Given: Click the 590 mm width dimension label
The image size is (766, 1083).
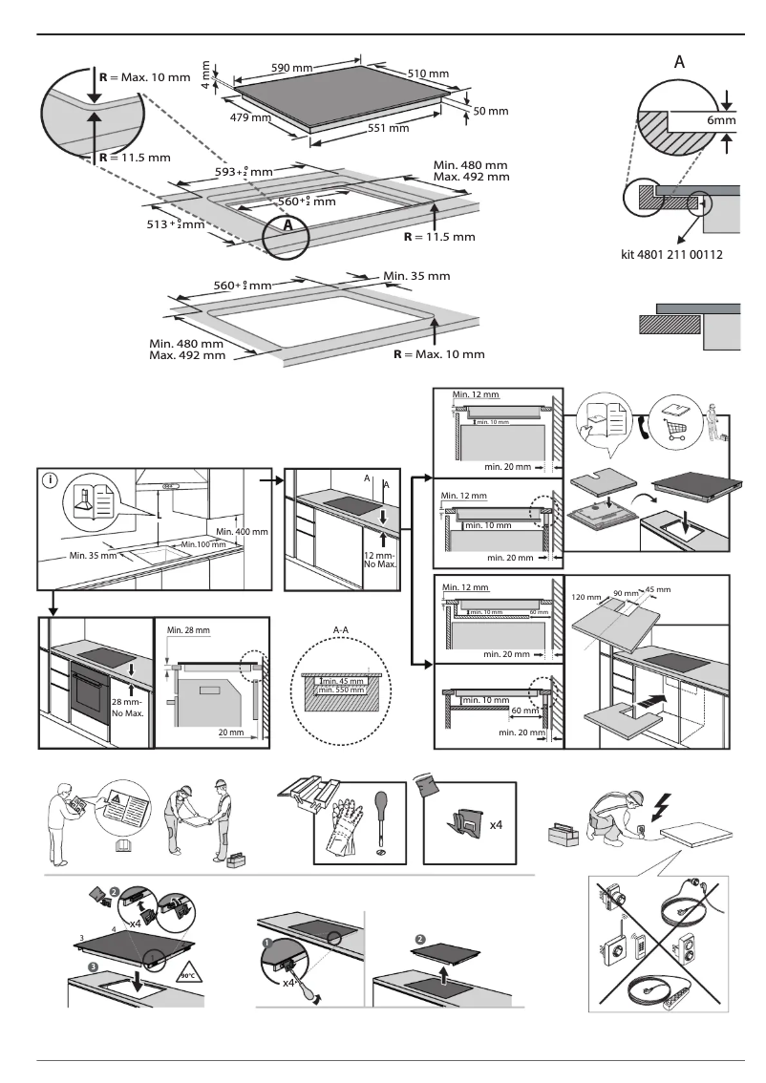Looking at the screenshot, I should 293,69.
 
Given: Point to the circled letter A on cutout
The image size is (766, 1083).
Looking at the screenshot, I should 286,227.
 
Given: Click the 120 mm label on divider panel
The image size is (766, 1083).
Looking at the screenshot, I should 585,596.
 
